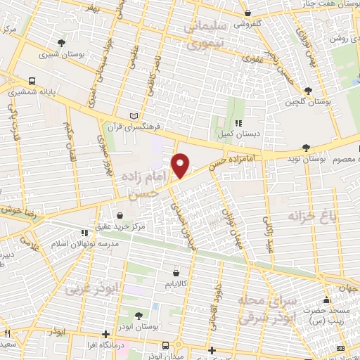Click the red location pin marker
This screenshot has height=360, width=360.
pos(181,165)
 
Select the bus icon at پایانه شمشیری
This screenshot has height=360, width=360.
pos(33,81)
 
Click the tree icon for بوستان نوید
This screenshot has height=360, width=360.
pos(304,147)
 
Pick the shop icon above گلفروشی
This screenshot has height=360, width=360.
pos(247,13)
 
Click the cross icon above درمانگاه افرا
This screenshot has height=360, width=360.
pos(105,334)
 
